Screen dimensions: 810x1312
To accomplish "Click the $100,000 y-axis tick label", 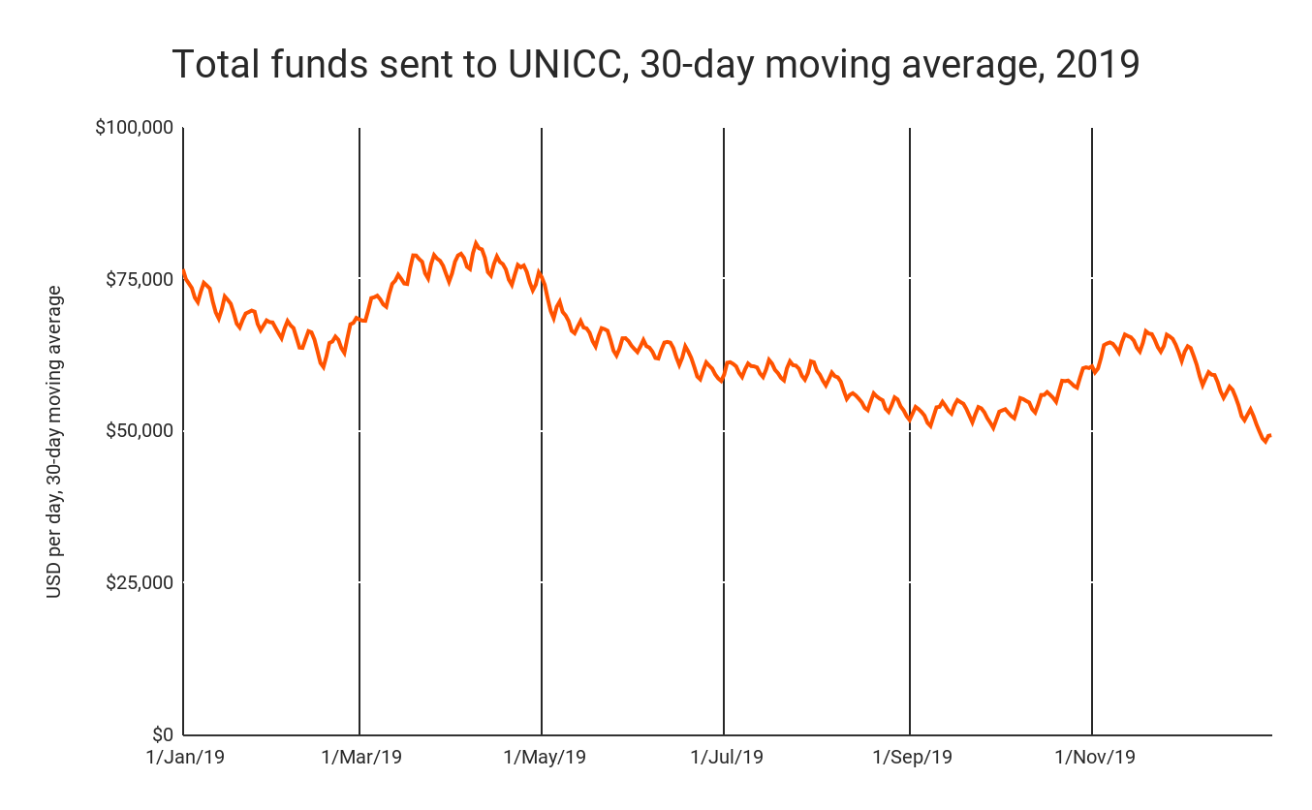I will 135,127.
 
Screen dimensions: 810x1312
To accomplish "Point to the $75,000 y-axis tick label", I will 139,279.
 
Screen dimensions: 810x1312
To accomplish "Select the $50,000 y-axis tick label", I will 139,431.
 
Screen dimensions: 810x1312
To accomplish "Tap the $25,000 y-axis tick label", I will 139,583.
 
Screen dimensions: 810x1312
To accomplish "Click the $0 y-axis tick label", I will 159,735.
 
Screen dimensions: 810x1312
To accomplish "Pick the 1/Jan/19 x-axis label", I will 184,757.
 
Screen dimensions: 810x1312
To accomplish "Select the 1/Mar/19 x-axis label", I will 360,757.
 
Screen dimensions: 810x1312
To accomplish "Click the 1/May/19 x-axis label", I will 543,757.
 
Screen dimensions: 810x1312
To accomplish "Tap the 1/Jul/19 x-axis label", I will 726,757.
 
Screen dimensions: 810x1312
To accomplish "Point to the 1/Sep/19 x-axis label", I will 912,757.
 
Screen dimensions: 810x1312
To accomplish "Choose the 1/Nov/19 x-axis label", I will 1094,757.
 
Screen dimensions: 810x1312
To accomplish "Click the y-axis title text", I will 54,441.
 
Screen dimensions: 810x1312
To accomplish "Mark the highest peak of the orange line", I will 475,242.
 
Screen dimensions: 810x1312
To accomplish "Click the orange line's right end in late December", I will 1270,435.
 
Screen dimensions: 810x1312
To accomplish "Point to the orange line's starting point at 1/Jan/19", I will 183,271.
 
